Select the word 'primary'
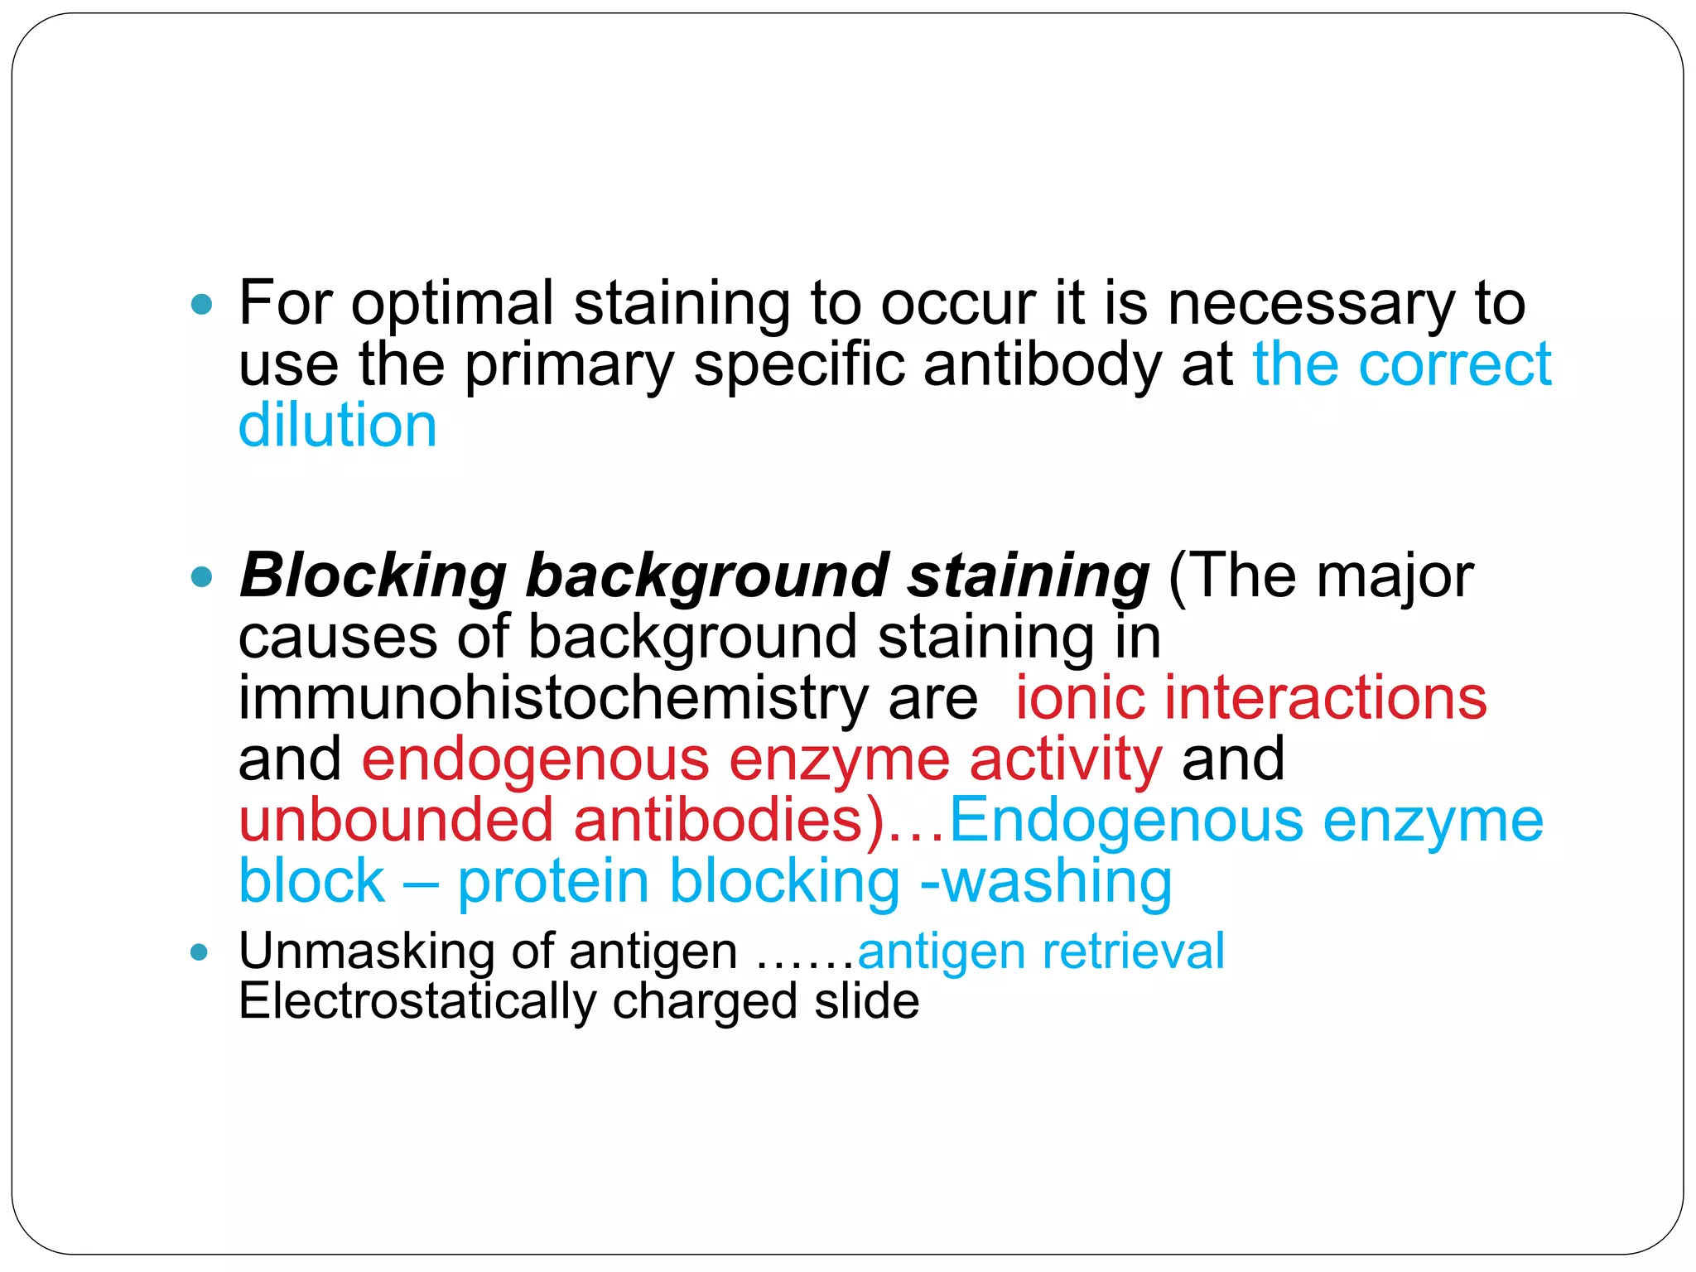569,365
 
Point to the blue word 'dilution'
337,426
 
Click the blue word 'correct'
1454,365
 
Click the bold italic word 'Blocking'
373,576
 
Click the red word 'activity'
1065,759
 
